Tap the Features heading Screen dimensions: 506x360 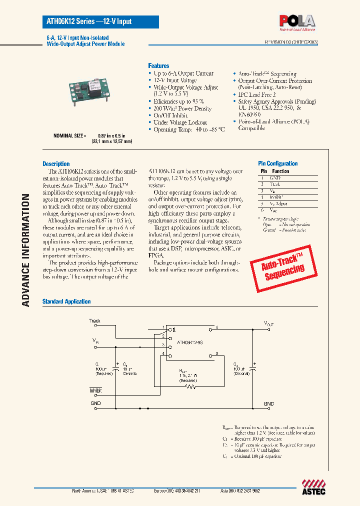coord(158,66)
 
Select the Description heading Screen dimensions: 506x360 coord(56,164)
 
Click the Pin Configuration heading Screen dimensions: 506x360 coord(277,163)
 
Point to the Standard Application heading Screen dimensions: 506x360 coord(66,301)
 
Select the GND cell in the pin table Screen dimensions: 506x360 coord(275,178)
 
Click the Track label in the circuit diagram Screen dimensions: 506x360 coord(94,321)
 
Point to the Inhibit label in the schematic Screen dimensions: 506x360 coord(95,390)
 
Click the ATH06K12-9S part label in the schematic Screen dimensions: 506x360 coord(190,343)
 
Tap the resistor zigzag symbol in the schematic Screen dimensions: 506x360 coord(188,386)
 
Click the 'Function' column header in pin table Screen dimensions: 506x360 coord(280,171)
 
